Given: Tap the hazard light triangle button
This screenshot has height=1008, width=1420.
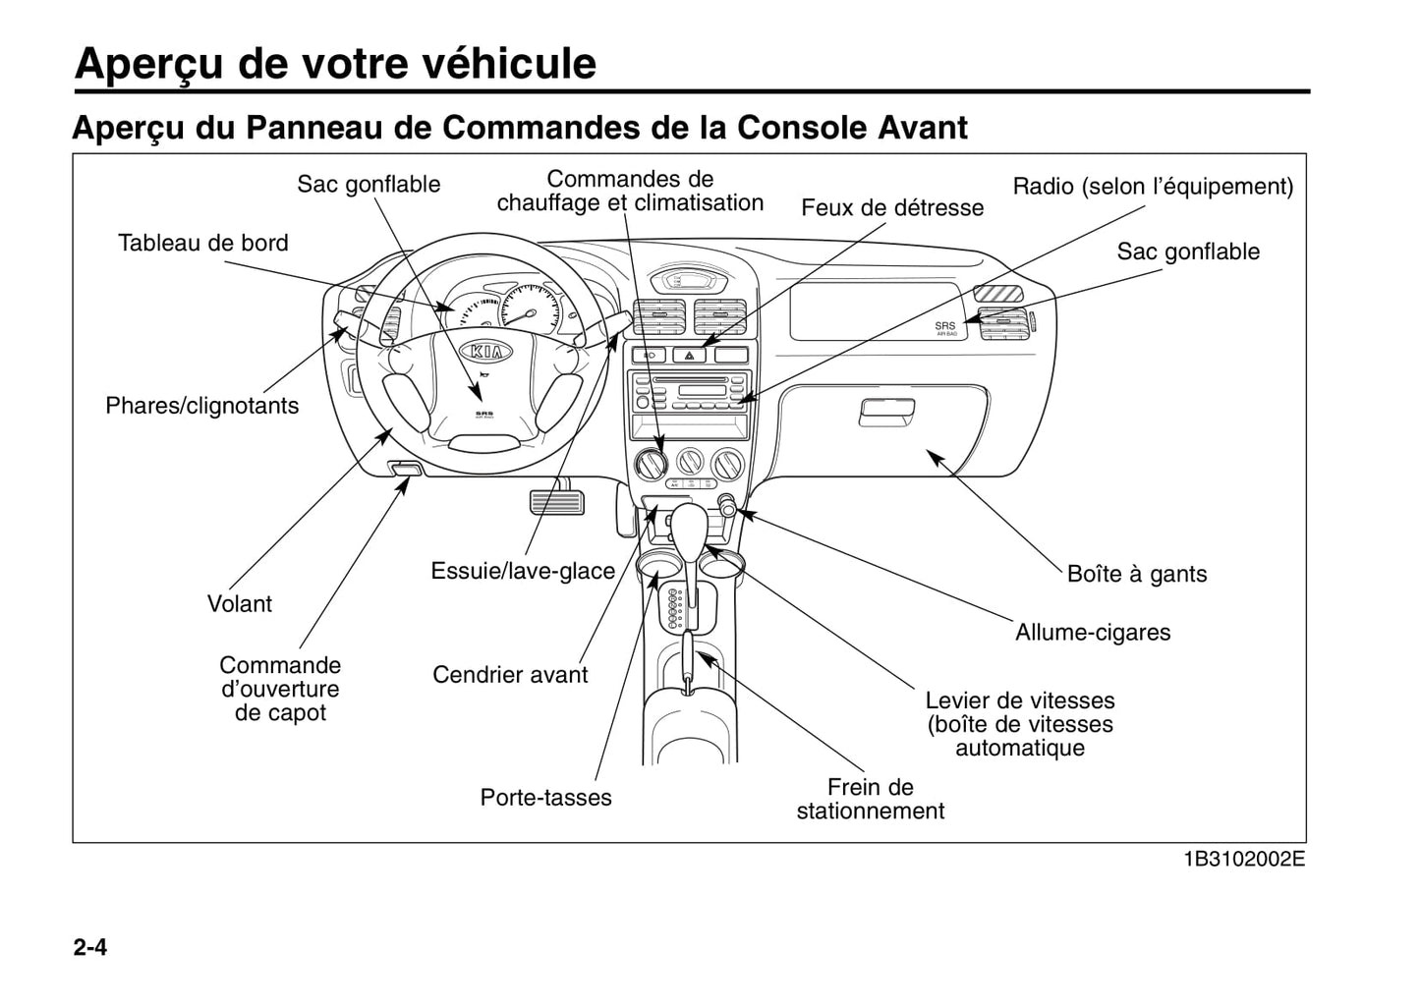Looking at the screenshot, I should coord(689,356).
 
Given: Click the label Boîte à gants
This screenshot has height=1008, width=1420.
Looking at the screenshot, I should coord(1136,574).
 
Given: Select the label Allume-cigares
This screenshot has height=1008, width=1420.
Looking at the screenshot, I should coord(1092,632).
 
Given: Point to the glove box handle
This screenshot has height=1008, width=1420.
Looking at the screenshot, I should coord(886,413).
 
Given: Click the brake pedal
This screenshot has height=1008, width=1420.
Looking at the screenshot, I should coord(556,500).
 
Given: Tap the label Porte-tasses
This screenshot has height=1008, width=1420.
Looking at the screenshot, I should coord(545,797).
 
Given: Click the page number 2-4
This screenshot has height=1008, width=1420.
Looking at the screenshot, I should coord(89,947).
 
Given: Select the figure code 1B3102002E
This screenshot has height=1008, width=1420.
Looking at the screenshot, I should coord(1243,859).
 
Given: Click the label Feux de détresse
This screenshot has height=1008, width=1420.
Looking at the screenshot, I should coord(891,207).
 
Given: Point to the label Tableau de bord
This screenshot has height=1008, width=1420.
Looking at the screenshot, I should coord(202,243).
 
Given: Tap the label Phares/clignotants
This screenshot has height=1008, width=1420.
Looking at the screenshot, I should coord(201,406).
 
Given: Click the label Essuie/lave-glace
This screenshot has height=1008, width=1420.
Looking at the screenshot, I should coord(522,571).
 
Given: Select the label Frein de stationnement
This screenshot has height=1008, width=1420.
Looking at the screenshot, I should coord(870,799).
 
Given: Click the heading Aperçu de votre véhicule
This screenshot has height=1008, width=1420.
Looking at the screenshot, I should coord(335,63).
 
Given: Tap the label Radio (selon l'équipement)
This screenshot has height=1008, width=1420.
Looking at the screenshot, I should coord(1152,186).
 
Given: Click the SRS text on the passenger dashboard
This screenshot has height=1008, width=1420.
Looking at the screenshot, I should coord(944,326).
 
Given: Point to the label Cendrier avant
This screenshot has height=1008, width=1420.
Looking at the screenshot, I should coord(509,674).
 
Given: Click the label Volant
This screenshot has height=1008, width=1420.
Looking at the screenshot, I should coord(239,603).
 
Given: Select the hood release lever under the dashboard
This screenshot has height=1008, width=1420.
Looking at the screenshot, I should coord(405,469).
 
